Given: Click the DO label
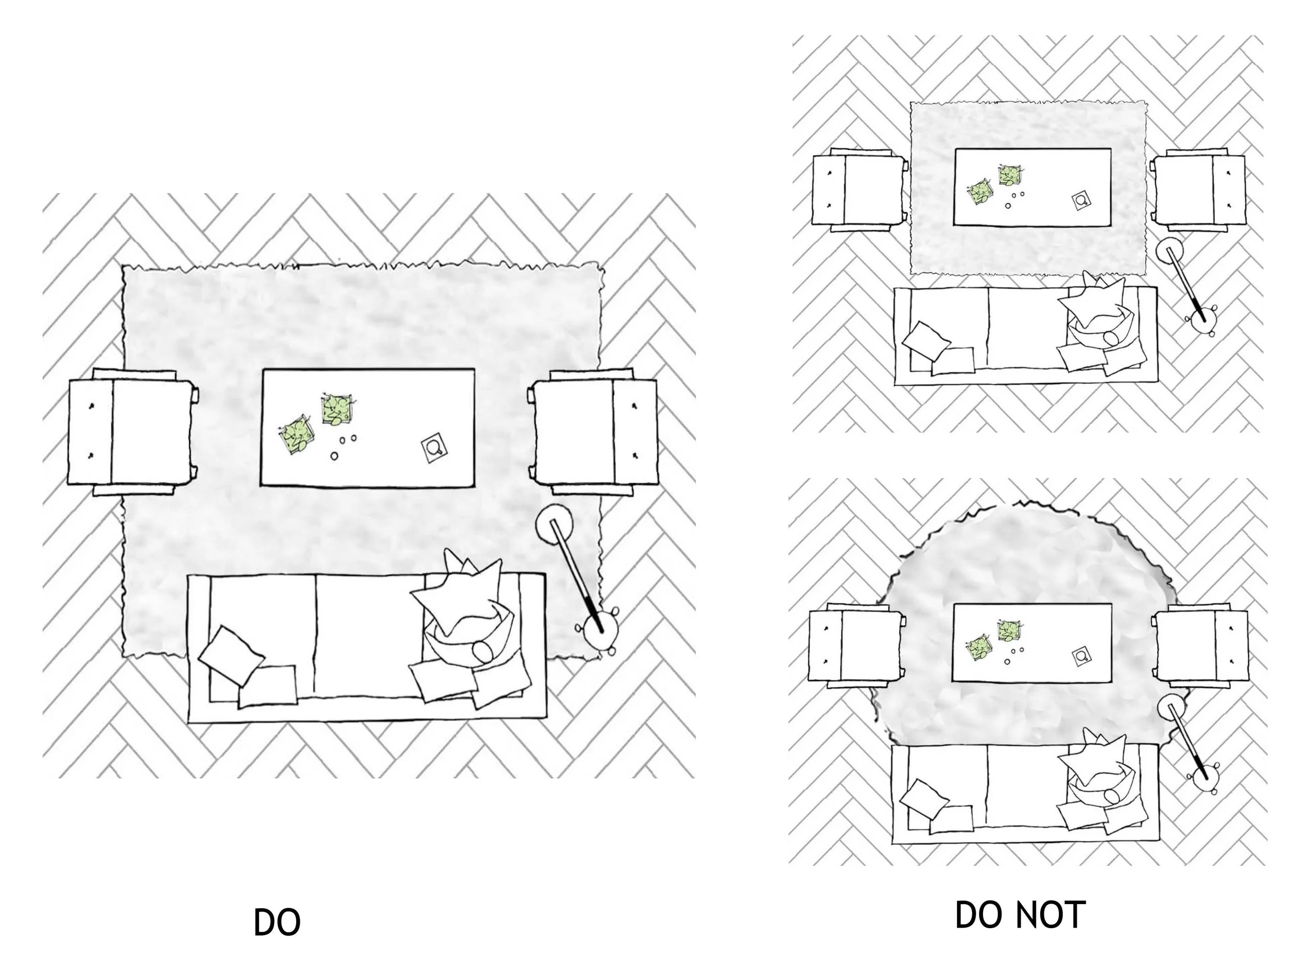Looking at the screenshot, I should click(x=277, y=923).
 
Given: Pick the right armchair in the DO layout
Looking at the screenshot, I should click(x=595, y=431).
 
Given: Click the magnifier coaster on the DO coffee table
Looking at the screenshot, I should click(x=434, y=448).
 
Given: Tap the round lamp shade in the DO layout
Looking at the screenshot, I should click(x=554, y=524).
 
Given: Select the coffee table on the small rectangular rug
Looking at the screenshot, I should click(x=1032, y=186).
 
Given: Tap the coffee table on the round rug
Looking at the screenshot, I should click(x=1032, y=642).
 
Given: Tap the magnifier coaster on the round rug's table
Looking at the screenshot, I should click(x=1080, y=657).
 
